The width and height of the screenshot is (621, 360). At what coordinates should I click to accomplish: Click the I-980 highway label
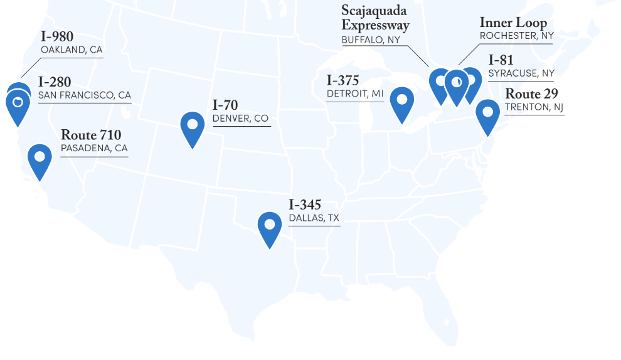[57, 37]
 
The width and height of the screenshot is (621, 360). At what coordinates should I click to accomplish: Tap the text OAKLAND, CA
[72, 50]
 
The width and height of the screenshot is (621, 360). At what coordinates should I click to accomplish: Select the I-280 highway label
[55, 82]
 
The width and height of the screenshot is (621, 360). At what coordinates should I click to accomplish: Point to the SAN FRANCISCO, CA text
[85, 95]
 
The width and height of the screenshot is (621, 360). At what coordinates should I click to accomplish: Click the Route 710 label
[91, 135]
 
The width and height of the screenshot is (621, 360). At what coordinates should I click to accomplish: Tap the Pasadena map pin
[40, 157]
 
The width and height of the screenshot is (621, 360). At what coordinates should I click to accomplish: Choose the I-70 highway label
[225, 105]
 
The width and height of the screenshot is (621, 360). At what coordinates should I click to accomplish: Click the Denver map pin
[193, 125]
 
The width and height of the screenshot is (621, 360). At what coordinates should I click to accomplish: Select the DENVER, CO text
[240, 119]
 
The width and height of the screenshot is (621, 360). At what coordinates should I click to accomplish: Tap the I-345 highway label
[305, 205]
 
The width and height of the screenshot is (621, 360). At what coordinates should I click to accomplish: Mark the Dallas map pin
[270, 225]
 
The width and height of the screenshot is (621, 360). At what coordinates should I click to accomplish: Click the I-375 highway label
[343, 81]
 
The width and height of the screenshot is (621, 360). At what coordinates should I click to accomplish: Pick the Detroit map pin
[401, 101]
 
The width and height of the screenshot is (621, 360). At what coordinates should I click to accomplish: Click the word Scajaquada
[374, 11]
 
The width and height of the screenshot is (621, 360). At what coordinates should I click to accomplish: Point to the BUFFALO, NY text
[371, 40]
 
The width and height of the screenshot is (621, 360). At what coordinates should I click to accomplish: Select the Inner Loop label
[513, 23]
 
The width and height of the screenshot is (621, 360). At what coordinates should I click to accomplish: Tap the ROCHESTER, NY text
[517, 36]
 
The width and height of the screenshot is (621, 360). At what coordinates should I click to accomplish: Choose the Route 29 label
[532, 94]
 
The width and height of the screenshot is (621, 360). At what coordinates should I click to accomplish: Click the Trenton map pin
[487, 113]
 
